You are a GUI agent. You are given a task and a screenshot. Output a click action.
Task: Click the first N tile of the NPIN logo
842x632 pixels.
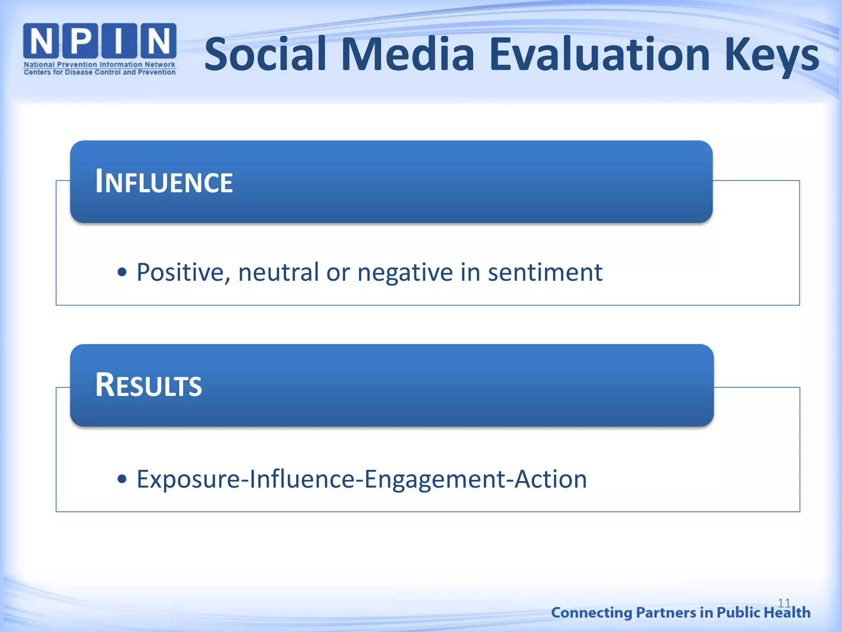click(x=41, y=41)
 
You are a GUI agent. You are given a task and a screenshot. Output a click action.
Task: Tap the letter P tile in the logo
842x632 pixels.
click(x=80, y=41)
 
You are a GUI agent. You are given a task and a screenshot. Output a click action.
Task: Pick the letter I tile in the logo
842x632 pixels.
click(x=119, y=41)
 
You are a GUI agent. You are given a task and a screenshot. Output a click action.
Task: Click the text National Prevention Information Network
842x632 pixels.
click(x=99, y=65)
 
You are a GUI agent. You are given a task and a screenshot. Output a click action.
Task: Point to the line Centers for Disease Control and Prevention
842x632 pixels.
click(x=99, y=72)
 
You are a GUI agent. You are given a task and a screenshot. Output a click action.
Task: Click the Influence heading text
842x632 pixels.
click(x=164, y=182)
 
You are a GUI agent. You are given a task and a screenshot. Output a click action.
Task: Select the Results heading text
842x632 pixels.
click(x=148, y=385)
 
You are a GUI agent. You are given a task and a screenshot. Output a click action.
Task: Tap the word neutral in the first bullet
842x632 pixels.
click(x=278, y=272)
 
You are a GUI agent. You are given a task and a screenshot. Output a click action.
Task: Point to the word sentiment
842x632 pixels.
click(x=545, y=272)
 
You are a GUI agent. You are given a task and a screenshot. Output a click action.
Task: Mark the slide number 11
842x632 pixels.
click(x=784, y=603)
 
